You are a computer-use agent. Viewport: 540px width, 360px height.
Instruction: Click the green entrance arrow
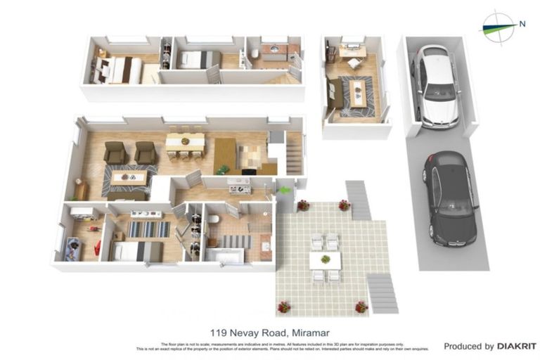coord(283,190)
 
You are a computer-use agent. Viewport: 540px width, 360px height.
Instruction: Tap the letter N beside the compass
coord(522,24)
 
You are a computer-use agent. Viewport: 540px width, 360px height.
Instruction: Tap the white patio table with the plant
coord(325,260)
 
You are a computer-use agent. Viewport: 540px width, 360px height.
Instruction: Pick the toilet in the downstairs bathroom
coord(214,220)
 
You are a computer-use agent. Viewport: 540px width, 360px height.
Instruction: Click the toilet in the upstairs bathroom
coord(254,54)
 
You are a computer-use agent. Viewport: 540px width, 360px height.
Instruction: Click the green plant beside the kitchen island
coord(223,169)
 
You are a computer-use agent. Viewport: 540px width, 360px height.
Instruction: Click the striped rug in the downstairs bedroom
coord(148,229)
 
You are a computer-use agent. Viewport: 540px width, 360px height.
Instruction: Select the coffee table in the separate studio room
coord(359,93)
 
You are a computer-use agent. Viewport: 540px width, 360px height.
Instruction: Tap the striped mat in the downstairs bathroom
coord(236,241)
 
